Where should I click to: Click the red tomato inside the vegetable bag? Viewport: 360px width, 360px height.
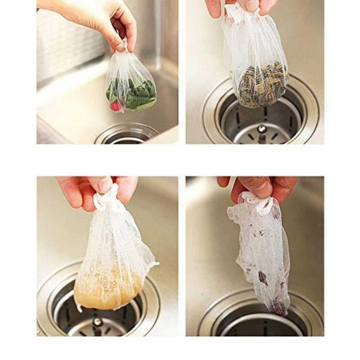pyautogui.click(x=116, y=106)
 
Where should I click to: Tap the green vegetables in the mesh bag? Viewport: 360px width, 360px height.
pyautogui.click(x=135, y=92)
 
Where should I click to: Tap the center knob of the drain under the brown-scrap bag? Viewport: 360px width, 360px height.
pyautogui.click(x=261, y=129)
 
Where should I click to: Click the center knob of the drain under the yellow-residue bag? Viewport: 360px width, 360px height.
pyautogui.click(x=97, y=321)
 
